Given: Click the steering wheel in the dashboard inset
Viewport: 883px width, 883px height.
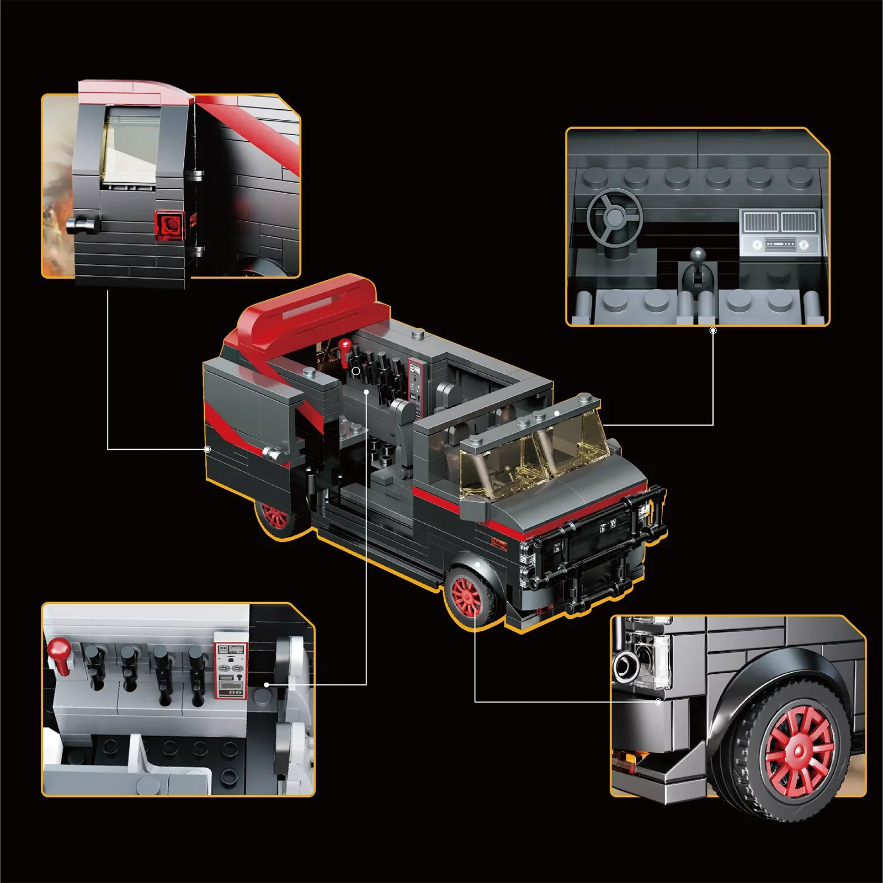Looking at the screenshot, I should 614,217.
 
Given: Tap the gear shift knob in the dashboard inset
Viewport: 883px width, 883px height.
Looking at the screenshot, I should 698,255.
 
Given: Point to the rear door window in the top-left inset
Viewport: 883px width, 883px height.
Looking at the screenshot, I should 131,146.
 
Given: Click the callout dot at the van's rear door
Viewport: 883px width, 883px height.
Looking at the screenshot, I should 208,449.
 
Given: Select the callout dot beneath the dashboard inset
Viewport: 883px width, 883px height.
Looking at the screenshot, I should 713,331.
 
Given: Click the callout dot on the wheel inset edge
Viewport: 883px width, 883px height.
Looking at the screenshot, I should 658,703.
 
